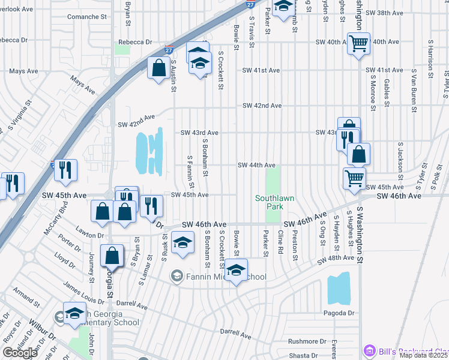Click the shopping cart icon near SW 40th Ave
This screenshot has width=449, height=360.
point(358,43)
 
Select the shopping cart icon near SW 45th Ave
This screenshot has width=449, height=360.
point(354,178)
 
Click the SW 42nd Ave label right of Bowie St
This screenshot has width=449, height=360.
point(262,106)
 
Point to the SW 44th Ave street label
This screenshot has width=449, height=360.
point(256,165)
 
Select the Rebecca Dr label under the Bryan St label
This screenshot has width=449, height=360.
point(135,42)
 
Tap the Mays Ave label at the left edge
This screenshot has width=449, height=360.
point(24,71)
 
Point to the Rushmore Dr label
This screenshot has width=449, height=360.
point(306,341)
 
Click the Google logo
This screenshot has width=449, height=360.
point(20,353)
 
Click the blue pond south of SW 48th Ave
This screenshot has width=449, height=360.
point(339,289)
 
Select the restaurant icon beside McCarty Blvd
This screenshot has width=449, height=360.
point(65,170)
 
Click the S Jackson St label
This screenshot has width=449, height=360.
point(400,157)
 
